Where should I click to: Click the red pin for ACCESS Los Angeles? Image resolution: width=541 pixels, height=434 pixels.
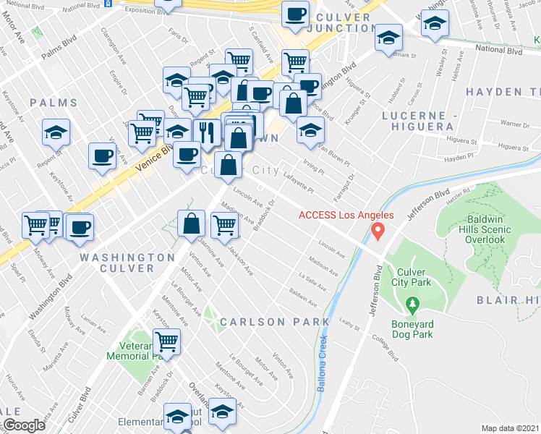point(377,231)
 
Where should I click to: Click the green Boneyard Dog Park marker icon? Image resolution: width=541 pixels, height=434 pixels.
point(412,305)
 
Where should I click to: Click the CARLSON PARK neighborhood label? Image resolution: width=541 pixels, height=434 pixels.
point(275,321)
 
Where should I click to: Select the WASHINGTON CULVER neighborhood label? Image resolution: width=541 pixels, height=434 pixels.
point(127,263)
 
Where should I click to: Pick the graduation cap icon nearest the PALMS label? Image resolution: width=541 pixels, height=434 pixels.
point(56,133)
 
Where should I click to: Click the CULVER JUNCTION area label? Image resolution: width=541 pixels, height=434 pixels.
point(342,22)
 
